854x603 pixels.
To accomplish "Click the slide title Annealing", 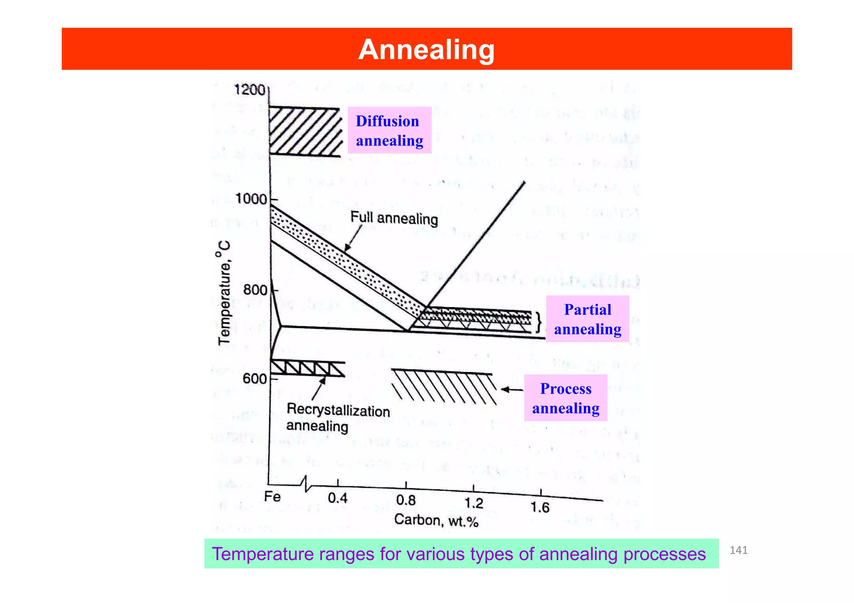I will (426, 50).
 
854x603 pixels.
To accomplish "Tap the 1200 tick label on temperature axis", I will (250, 90).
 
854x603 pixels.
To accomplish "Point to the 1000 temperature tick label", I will (251, 199).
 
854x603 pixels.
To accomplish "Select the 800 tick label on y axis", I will (255, 290).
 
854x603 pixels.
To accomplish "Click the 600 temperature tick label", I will (254, 379).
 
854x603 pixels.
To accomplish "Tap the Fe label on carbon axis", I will (272, 497).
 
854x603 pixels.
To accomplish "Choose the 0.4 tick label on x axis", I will (337, 498).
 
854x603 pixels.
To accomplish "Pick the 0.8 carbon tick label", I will (406, 500).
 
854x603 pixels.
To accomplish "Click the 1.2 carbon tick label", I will (474, 503).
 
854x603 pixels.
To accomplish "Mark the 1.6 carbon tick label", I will (540, 508).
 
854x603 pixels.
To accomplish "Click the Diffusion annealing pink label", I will (389, 130).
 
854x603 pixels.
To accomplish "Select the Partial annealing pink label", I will (587, 319).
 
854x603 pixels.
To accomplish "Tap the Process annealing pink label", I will (565, 398).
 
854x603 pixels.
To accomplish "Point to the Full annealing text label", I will (394, 218).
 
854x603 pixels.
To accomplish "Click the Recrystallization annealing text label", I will (338, 418).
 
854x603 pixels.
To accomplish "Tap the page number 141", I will (738, 550).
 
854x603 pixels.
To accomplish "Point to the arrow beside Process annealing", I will (512, 390).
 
